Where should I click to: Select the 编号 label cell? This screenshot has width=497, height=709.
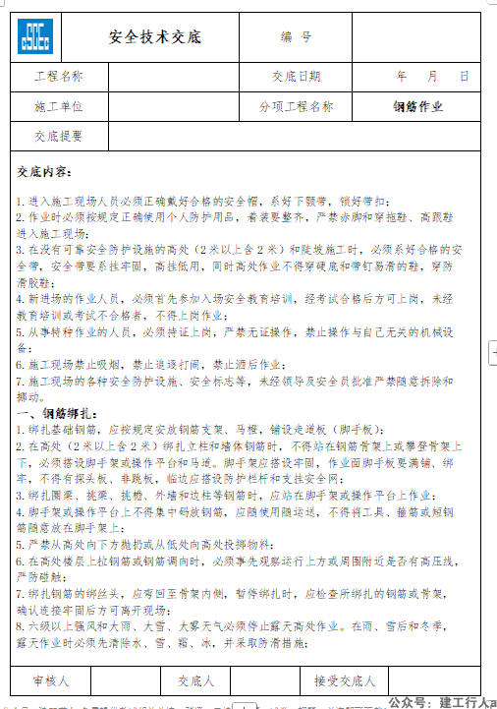(x=296, y=37)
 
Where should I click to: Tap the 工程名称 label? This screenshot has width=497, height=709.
(x=58, y=77)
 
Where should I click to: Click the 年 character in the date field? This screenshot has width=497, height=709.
(x=402, y=77)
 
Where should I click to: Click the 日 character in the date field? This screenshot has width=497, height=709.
(x=465, y=77)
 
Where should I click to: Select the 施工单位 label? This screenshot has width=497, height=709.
(x=58, y=106)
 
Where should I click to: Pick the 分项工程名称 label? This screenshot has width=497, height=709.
(x=296, y=106)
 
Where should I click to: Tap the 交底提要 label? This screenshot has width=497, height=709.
(x=58, y=137)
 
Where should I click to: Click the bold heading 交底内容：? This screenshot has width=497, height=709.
(x=44, y=171)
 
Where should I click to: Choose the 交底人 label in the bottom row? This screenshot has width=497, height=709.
(x=195, y=679)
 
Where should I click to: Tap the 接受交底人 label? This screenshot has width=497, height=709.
(x=345, y=679)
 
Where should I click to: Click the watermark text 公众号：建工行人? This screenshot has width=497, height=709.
(x=439, y=702)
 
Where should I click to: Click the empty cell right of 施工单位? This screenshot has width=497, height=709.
(x=170, y=106)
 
